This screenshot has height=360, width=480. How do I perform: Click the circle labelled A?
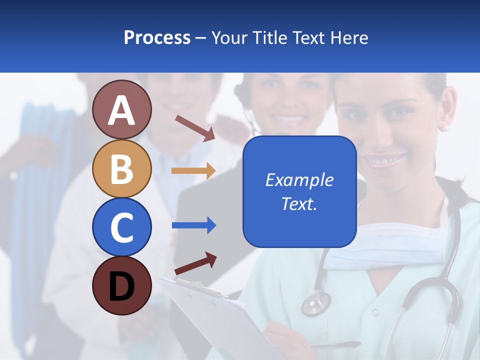(x=122, y=109)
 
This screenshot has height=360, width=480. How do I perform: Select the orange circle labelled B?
(x=122, y=168)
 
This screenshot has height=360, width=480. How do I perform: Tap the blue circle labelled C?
(x=122, y=227)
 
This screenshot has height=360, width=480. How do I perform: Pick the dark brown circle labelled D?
(x=122, y=285)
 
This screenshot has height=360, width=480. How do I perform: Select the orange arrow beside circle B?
(x=193, y=170)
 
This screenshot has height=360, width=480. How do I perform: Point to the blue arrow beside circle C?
(x=193, y=225)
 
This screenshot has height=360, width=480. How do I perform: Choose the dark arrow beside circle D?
(x=195, y=263)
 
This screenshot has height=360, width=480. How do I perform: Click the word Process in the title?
(x=157, y=37)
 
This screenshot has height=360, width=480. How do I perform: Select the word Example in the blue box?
(x=299, y=180)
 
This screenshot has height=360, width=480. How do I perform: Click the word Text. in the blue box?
(x=299, y=203)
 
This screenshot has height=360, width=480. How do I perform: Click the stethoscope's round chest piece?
(x=316, y=303)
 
